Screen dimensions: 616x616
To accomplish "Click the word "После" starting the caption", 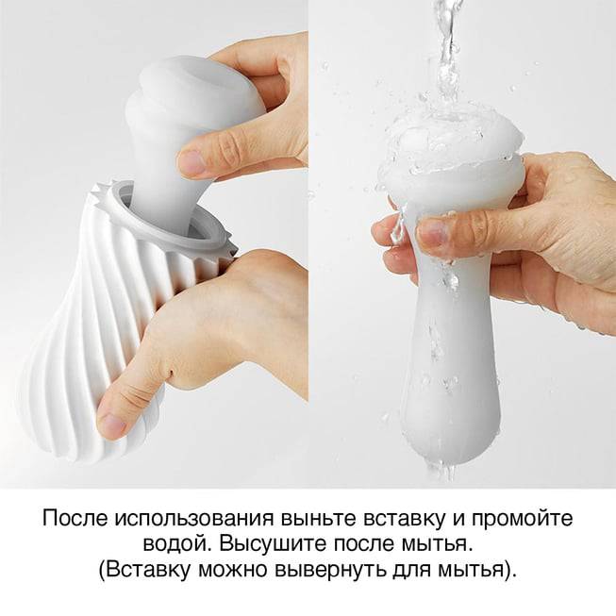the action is click(75, 518).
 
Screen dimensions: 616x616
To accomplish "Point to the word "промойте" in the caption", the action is click(522, 519).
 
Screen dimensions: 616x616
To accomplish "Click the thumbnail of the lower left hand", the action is click(111, 424).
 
